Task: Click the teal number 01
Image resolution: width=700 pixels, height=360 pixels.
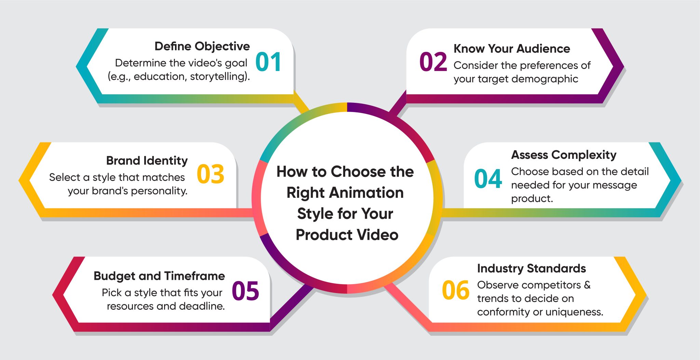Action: (x=268, y=62)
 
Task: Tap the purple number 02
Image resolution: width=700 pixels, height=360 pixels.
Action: (x=433, y=62)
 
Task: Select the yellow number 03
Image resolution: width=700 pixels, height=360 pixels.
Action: (x=211, y=174)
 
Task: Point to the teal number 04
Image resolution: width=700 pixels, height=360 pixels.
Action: (x=488, y=179)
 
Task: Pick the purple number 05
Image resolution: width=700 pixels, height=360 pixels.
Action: (x=245, y=291)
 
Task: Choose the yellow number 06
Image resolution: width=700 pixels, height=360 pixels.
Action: (x=456, y=291)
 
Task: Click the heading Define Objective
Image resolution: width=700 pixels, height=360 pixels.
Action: (x=202, y=46)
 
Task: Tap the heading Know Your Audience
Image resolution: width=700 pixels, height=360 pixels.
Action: (x=512, y=49)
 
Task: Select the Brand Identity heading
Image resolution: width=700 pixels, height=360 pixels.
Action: (x=147, y=160)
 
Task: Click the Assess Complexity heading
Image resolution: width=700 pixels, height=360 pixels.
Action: (x=564, y=155)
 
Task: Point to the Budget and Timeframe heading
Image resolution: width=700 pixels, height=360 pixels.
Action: (x=159, y=276)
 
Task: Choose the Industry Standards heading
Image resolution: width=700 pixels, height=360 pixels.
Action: (x=531, y=268)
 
